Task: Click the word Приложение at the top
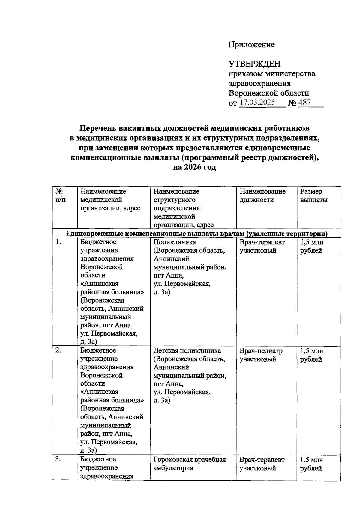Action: click(x=251, y=45)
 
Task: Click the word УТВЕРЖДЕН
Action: click(x=255, y=64)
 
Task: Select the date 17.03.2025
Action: click(x=257, y=102)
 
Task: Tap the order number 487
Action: click(x=304, y=102)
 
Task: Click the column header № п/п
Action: click(x=60, y=195)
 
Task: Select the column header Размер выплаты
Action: click(x=314, y=195)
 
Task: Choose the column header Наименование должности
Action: click(x=262, y=195)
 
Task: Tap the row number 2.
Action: click(x=58, y=350)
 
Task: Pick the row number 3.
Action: click(x=58, y=459)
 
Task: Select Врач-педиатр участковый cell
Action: click(x=261, y=355)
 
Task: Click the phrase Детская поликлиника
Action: click(x=187, y=351)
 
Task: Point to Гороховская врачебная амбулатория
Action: click(x=189, y=464)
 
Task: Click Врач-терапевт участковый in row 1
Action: click(x=262, y=246)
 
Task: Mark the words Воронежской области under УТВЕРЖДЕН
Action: click(x=269, y=93)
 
